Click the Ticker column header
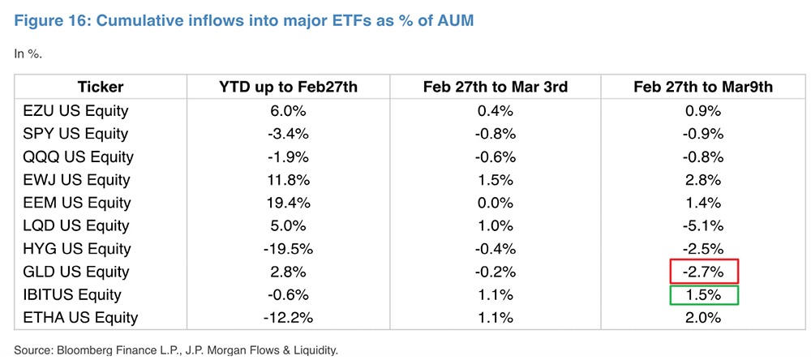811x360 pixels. (x=100, y=88)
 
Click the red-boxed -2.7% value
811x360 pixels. (x=703, y=272)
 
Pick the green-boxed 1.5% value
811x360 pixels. (x=703, y=294)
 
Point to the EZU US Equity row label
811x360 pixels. (x=76, y=110)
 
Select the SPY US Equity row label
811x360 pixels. (x=76, y=133)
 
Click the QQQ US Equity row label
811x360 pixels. (x=79, y=156)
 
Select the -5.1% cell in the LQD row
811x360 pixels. (x=703, y=225)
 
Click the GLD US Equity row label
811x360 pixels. (x=76, y=272)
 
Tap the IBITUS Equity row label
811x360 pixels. (x=73, y=294)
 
